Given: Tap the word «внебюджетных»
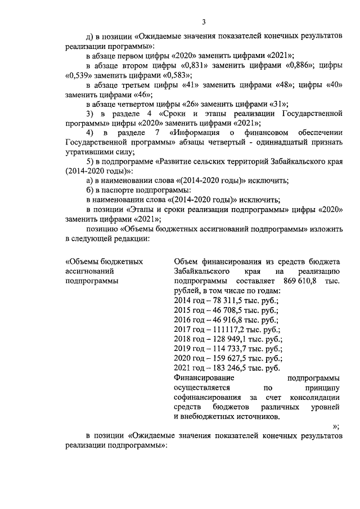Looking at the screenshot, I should pyautogui.click(x=208, y=417).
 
